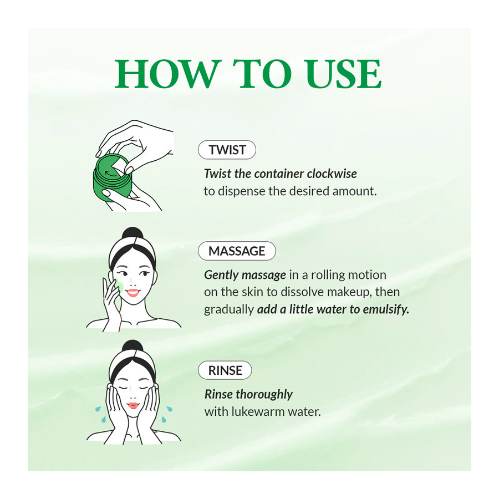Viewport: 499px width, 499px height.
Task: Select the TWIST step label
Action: pyautogui.click(x=227, y=150)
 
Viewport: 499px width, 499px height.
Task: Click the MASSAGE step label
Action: pyautogui.click(x=237, y=251)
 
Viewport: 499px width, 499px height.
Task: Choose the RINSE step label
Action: pyautogui.click(x=225, y=370)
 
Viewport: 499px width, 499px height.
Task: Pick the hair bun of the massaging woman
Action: pyautogui.click(x=133, y=235)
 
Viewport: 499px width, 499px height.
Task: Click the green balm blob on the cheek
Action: pyautogui.click(x=119, y=287)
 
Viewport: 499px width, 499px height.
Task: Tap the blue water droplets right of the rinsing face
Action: pyautogui.click(x=168, y=411)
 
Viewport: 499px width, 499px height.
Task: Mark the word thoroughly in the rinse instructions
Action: pyautogui.click(x=264, y=395)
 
